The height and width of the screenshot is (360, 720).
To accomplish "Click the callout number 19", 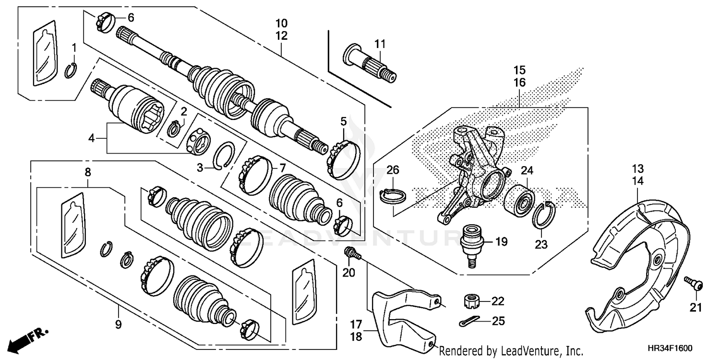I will click(x=501, y=242).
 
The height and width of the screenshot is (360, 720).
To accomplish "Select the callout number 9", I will click(x=118, y=325).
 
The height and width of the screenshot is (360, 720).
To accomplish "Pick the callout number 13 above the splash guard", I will click(x=637, y=169).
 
